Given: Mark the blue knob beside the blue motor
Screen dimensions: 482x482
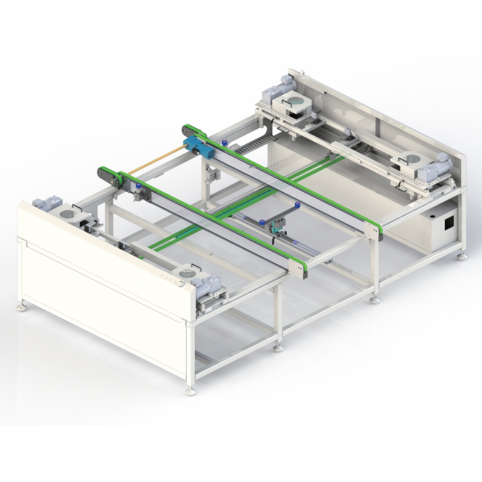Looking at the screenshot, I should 223,143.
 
